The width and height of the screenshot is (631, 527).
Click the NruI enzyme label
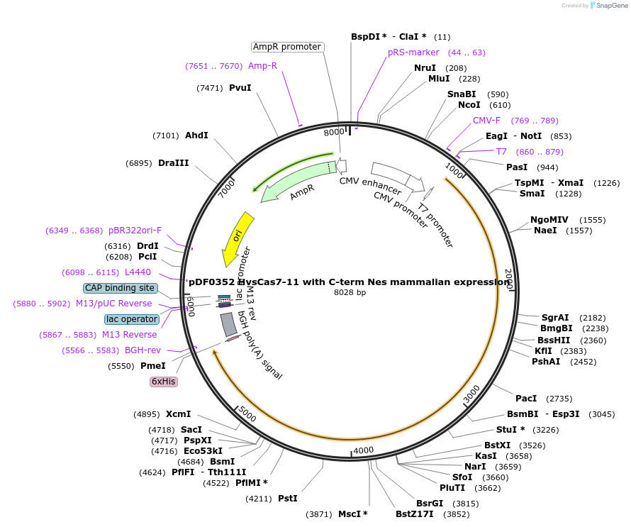425,68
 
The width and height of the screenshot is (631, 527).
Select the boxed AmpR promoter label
287,47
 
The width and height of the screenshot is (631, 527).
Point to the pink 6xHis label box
163,382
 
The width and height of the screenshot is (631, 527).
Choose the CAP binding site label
120,288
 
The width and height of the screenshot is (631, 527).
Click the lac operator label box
132,319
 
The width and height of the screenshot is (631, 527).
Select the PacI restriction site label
526,399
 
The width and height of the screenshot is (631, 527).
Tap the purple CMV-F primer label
486,121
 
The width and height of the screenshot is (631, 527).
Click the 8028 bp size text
350,292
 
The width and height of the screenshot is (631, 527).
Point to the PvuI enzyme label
240,88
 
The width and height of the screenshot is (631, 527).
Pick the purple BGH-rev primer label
143,350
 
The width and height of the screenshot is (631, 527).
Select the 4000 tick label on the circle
363,450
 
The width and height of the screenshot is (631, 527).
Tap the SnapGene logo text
612,6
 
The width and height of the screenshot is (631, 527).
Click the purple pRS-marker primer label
413,52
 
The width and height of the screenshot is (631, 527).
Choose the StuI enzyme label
510,429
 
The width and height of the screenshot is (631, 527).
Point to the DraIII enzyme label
174,163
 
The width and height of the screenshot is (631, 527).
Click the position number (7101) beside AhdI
166,135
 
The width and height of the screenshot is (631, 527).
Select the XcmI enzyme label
179,414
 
